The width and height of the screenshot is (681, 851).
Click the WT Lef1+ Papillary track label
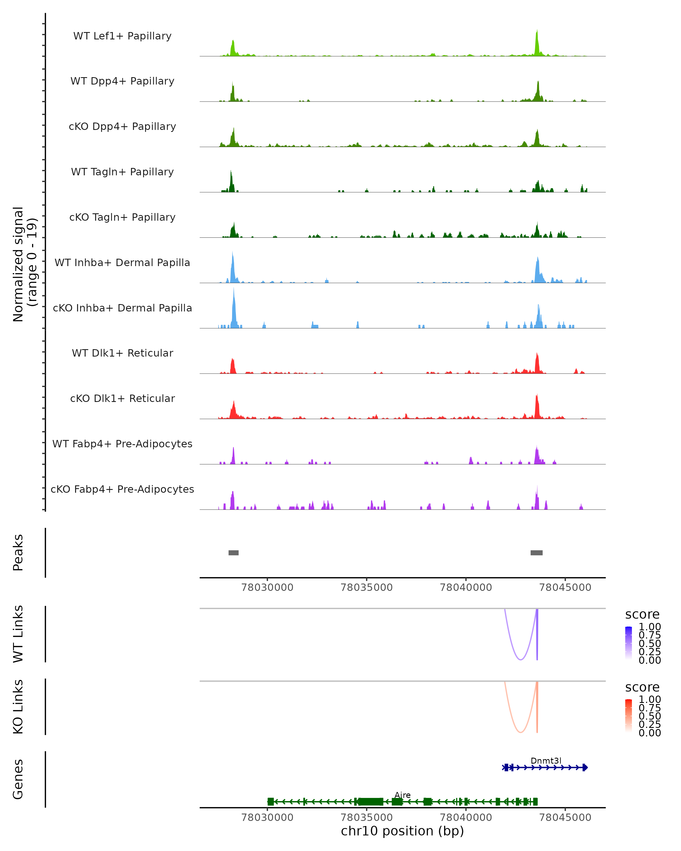(122, 36)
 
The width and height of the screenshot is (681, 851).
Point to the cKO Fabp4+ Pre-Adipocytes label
(122, 489)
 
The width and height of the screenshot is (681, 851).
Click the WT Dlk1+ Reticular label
(122, 353)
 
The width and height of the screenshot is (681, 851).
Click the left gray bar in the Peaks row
(233, 553)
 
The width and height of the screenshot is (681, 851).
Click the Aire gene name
(402, 795)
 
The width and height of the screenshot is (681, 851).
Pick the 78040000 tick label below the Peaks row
(466, 587)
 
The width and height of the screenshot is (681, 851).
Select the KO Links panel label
(18, 707)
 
